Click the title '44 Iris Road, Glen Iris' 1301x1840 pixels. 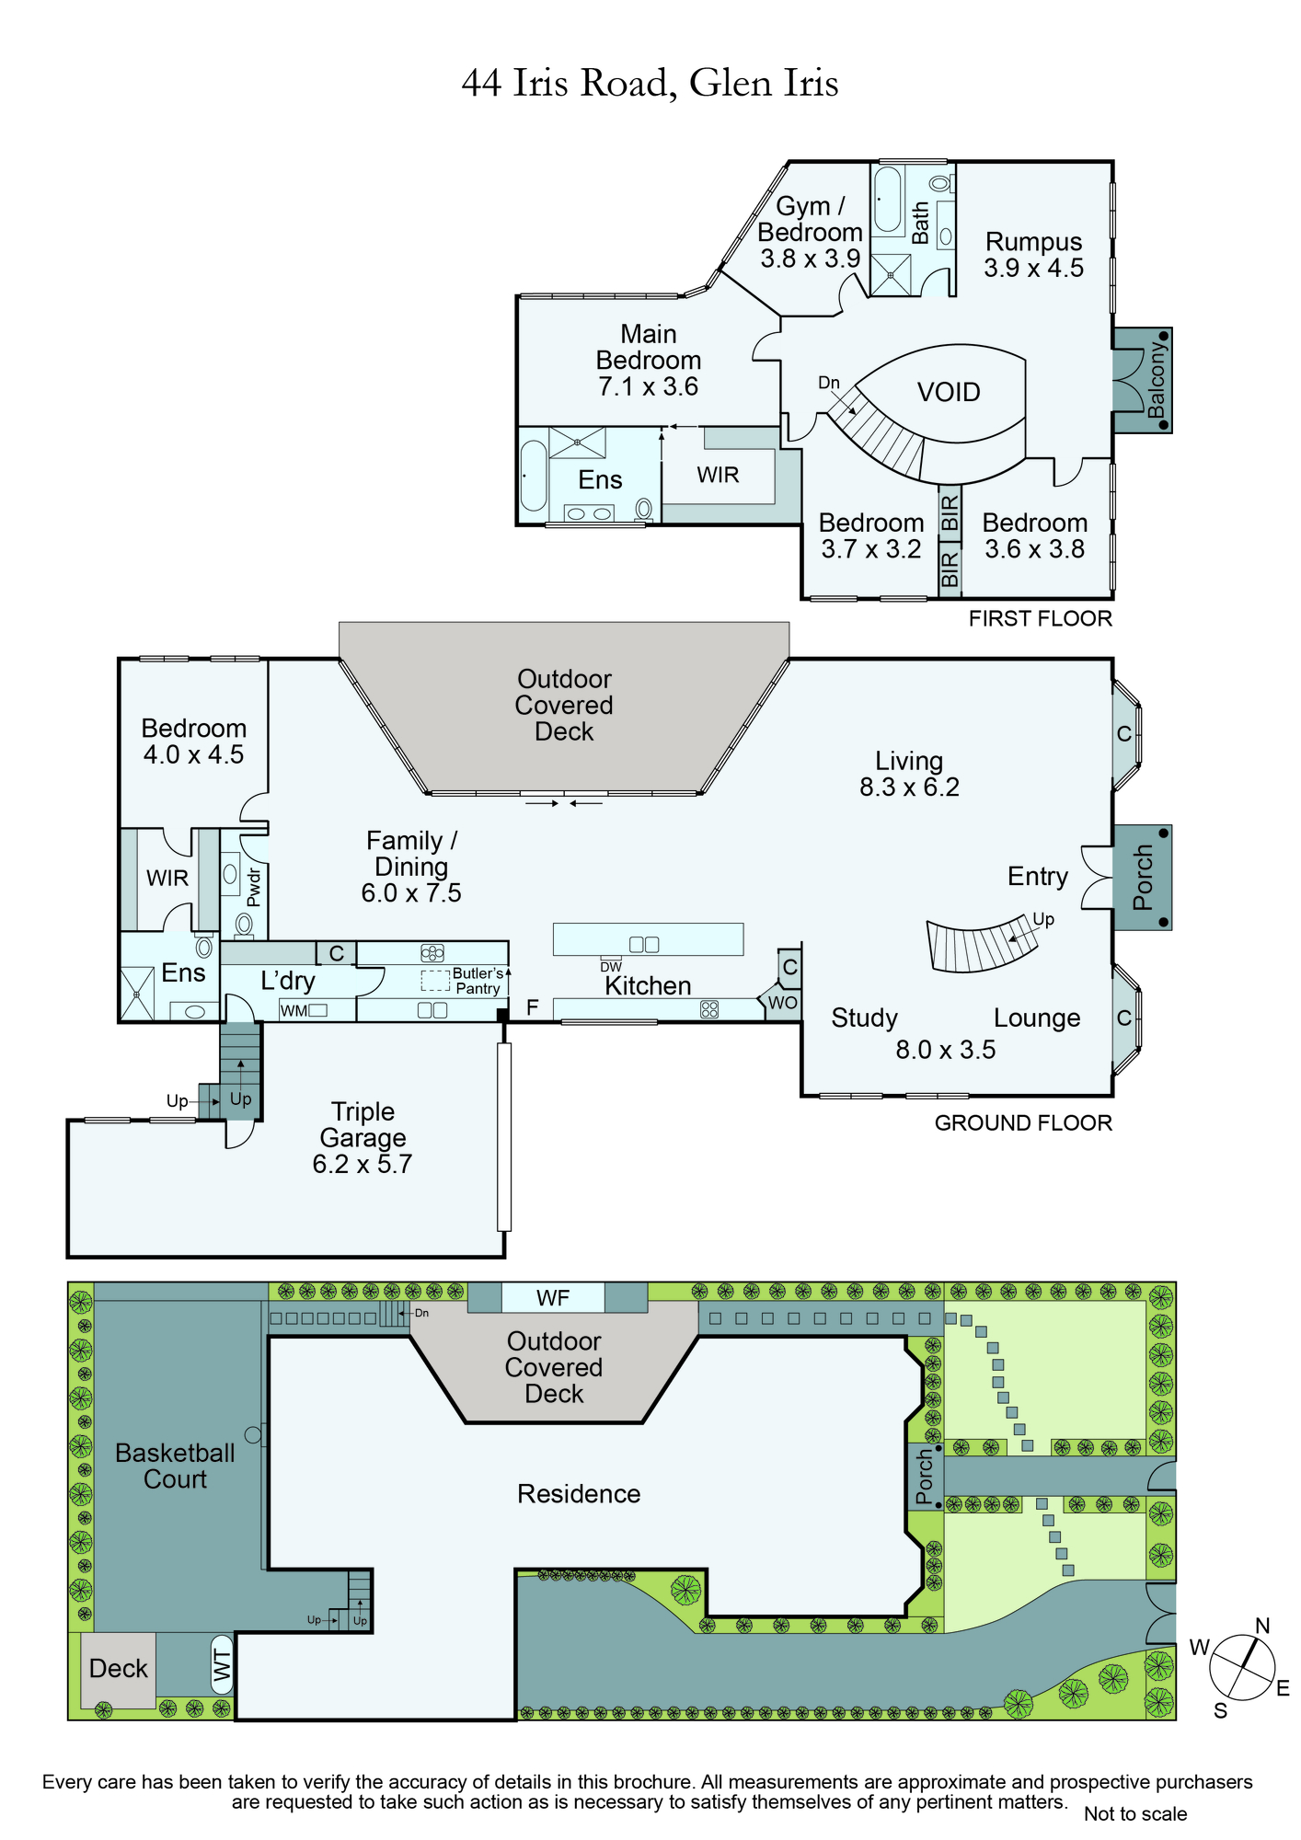tap(650, 83)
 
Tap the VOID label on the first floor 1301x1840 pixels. tap(949, 393)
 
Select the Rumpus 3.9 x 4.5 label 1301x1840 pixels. tap(1033, 255)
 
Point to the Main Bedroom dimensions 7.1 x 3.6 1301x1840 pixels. tap(648, 386)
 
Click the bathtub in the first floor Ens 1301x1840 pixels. tap(534, 476)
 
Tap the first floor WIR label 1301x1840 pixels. tap(718, 475)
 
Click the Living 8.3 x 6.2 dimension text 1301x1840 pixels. tap(909, 788)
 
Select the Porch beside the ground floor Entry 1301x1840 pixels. tap(1143, 878)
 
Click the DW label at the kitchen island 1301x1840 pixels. tap(611, 967)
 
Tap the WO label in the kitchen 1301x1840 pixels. tap(782, 1003)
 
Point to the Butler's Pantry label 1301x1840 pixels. tap(478, 981)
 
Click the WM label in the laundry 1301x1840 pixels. tap(294, 1011)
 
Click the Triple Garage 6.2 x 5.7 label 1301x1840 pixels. tap(363, 1138)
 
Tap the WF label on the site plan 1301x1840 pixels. tap(553, 1298)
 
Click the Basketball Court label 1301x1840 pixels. tap(175, 1466)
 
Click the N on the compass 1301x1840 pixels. tap(1262, 1627)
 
